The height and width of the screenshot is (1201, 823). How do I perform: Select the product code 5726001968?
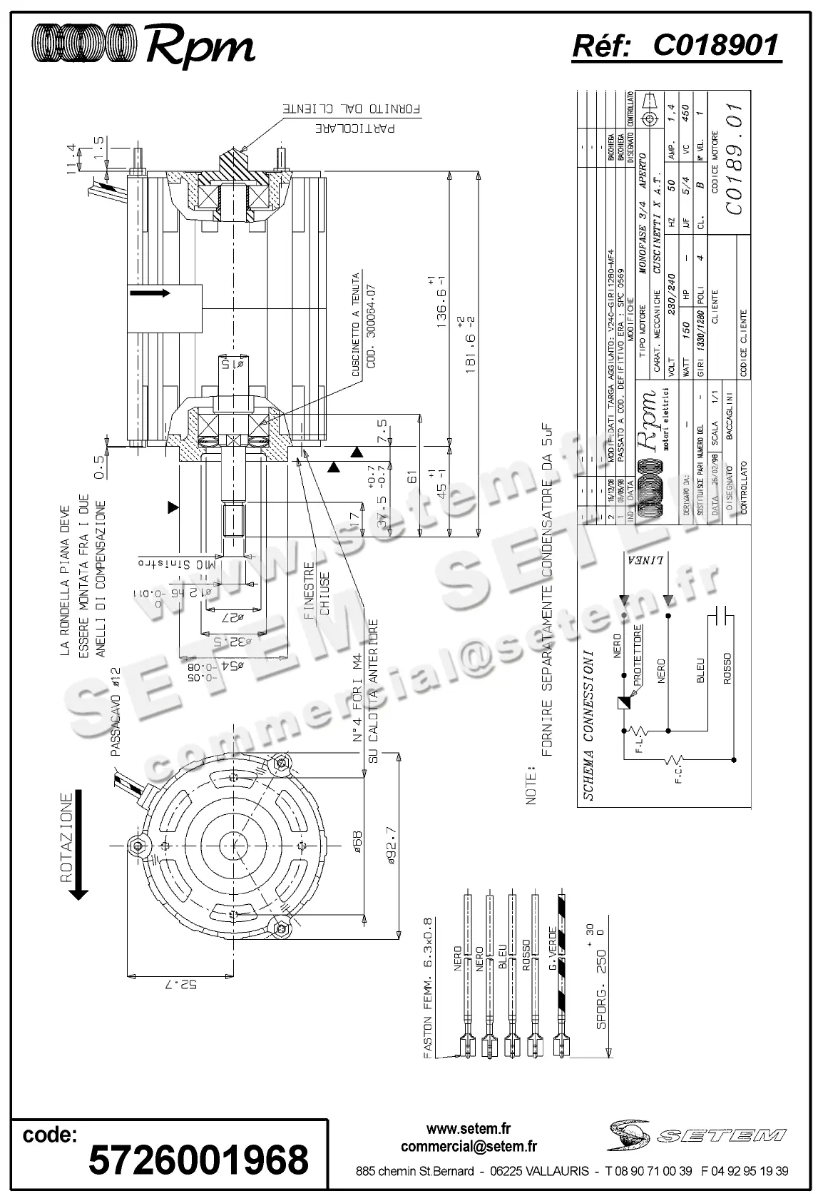click(x=198, y=1160)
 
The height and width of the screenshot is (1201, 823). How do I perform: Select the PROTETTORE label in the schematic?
click(x=638, y=654)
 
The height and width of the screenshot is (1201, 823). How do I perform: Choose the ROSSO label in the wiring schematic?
click(x=727, y=669)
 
